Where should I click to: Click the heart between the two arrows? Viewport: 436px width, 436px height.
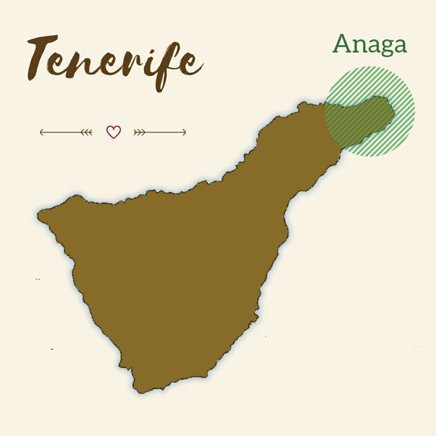coord(113,132)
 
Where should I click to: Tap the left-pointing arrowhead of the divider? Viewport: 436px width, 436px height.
coord(41,132)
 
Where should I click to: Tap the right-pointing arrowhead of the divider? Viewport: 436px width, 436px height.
coord(184,132)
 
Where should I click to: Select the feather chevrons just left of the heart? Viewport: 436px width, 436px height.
coord(87,132)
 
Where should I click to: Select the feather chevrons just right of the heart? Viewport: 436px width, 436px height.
coord(139,132)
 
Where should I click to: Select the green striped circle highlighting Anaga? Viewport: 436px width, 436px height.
coord(369,111)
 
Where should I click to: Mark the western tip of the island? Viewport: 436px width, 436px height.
coord(39,214)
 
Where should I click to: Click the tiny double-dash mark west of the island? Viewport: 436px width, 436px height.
coord(38,279)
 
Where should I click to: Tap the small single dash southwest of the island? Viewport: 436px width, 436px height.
coord(52,348)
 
